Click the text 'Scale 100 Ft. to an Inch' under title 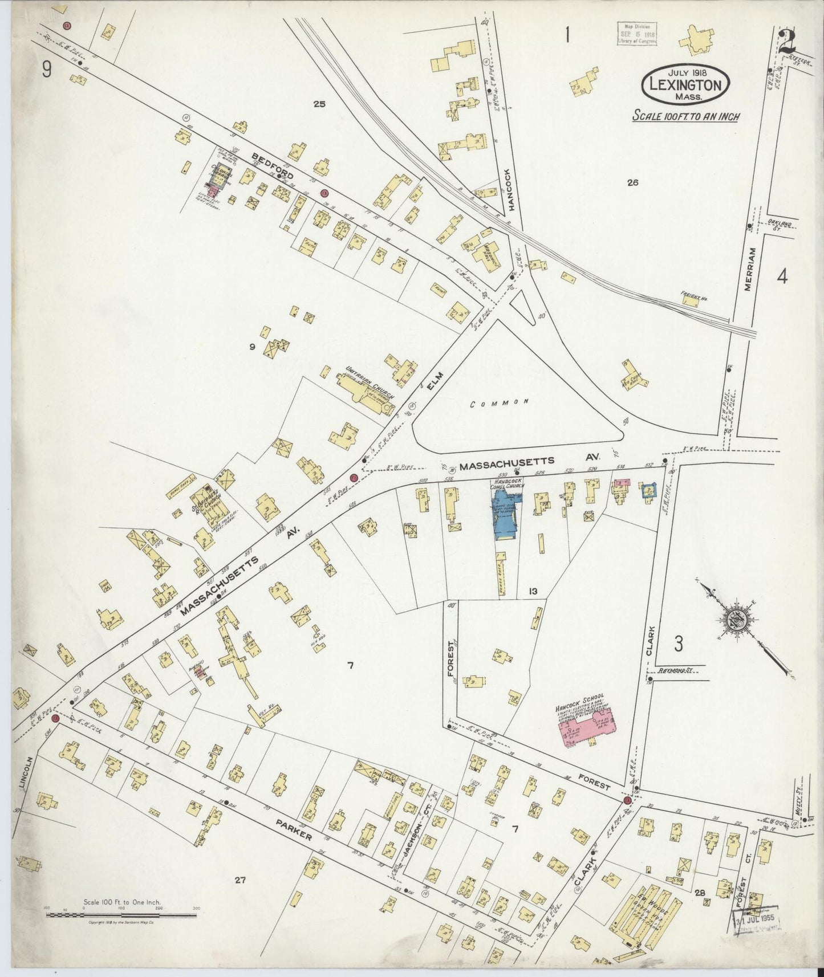686,116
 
